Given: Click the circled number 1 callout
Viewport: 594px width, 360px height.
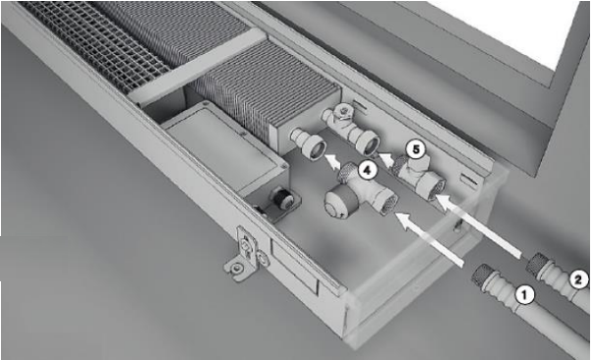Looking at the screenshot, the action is click(x=524, y=295).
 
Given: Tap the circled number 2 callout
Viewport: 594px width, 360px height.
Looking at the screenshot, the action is click(x=578, y=279).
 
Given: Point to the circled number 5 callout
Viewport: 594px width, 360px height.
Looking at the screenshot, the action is click(x=416, y=150).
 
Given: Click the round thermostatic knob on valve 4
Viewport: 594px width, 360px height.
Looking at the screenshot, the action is click(x=338, y=203).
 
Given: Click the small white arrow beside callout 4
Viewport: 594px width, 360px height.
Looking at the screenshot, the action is click(x=332, y=162).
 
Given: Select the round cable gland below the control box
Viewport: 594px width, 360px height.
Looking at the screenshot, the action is click(x=282, y=197).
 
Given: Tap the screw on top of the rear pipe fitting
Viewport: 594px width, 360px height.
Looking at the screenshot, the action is click(x=344, y=110).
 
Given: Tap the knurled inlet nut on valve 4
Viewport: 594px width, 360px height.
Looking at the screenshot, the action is click(x=388, y=204).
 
